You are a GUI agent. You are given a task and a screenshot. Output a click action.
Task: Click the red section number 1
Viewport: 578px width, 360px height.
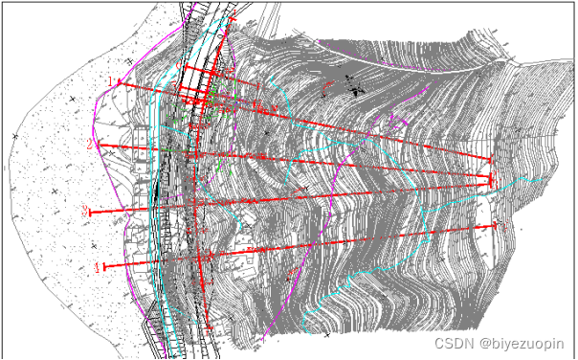point(110,81)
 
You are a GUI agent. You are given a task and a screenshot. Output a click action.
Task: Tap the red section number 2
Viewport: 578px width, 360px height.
point(89,144)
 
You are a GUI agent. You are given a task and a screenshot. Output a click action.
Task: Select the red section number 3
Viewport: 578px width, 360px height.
point(85,211)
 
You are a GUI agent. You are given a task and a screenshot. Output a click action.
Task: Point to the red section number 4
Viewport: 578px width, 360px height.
point(98,266)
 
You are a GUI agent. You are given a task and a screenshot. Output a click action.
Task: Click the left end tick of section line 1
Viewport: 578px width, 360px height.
point(119,83)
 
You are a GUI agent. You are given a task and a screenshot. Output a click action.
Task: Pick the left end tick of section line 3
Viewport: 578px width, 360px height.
point(94,211)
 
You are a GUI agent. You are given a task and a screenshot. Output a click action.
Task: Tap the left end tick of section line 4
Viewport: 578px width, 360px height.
point(106,266)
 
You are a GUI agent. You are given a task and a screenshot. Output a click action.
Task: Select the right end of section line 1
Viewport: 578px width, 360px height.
point(491,160)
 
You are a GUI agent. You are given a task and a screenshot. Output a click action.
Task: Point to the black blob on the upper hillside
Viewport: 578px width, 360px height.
point(357,91)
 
